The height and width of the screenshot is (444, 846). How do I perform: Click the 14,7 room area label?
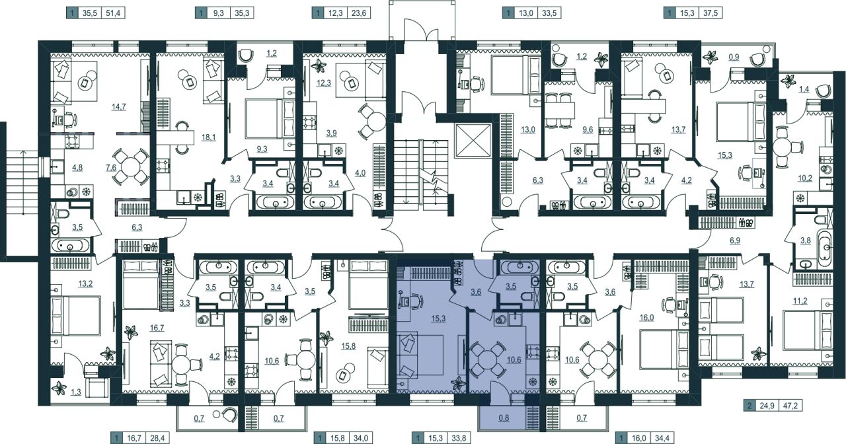(118, 107)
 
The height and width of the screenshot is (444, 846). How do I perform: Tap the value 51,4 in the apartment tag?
(113, 13)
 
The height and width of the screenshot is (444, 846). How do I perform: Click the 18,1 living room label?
(208, 137)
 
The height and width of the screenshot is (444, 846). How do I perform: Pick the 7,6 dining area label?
(111, 168)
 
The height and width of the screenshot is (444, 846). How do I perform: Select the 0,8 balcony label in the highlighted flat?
(504, 418)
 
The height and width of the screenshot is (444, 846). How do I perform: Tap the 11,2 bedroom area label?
(800, 301)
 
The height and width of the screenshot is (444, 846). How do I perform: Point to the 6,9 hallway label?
(735, 240)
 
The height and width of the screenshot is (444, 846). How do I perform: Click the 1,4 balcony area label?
(804, 89)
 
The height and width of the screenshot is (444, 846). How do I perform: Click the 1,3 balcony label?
(76, 392)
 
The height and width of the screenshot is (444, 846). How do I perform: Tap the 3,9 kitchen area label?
(331, 133)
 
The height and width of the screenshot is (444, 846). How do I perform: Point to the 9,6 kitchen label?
(588, 130)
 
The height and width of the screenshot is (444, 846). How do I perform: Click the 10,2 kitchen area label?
(805, 178)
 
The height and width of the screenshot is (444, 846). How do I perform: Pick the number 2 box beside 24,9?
(750, 406)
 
